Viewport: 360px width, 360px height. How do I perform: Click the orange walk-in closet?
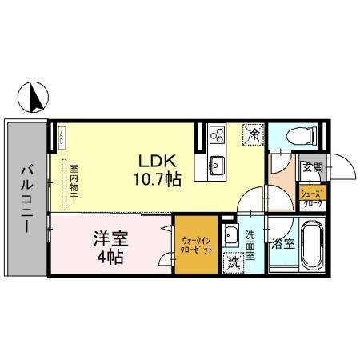(196, 246)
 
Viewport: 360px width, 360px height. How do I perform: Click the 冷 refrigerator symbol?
(253, 136)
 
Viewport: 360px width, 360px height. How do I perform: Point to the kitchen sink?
(216, 166)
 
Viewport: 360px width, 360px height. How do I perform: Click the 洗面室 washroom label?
(250, 246)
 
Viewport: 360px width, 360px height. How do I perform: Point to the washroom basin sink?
(231, 235)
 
